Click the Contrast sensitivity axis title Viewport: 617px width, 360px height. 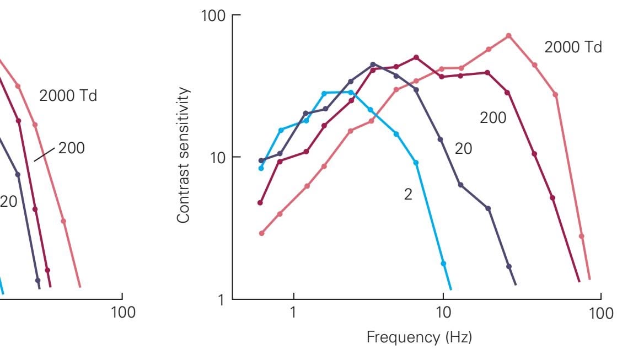[x=184, y=155]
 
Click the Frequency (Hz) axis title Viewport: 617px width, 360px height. [x=419, y=337]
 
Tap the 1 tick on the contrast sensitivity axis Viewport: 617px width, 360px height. [x=222, y=299]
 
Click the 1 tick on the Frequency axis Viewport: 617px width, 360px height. [x=293, y=313]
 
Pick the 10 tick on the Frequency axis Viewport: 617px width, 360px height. [x=443, y=313]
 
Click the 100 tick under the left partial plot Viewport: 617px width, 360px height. [x=122, y=313]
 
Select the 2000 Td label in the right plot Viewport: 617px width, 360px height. [x=573, y=47]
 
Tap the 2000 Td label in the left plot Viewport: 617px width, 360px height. [x=68, y=95]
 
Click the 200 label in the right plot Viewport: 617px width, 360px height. [x=493, y=117]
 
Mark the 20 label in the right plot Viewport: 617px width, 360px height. [x=463, y=148]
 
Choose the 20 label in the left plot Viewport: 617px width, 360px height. [x=8, y=201]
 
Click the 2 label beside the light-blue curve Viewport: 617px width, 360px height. [x=408, y=195]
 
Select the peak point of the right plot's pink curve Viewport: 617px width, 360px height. [x=508, y=36]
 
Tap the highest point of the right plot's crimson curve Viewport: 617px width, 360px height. [x=416, y=57]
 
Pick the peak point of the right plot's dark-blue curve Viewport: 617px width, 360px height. [x=373, y=65]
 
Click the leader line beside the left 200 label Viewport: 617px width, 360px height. [x=45, y=153]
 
